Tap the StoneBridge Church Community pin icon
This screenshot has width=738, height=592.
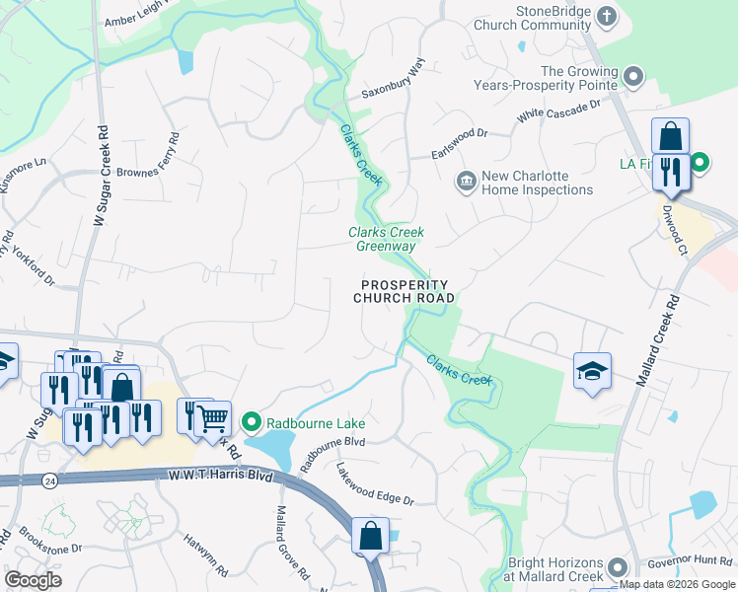coord(608,16)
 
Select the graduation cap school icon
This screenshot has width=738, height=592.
coord(592,371)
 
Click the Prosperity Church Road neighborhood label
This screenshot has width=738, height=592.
coord(405,290)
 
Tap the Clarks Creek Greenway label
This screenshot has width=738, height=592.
coord(386,240)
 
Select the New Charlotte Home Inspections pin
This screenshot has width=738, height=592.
coord(464,182)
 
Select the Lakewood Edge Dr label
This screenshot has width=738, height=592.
coord(374,484)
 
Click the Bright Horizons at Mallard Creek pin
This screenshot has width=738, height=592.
coord(618,566)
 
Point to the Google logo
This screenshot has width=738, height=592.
coord(34,580)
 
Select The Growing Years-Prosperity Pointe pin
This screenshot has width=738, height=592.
coord(633,76)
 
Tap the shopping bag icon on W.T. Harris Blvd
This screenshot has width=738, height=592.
coord(370,537)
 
